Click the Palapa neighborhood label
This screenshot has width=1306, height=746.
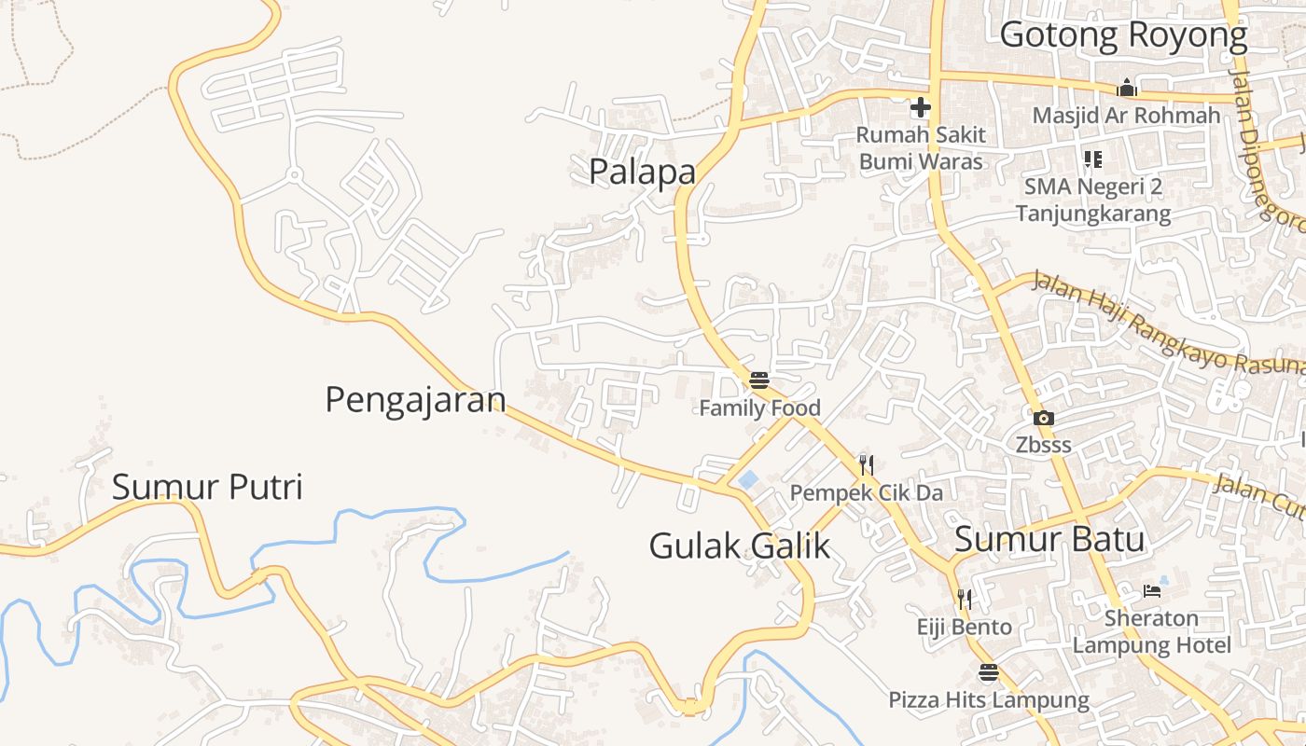[642, 172]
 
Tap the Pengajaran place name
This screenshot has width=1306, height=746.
[415, 400]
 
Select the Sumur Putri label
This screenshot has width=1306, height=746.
[207, 487]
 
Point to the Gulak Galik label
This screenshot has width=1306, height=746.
[739, 546]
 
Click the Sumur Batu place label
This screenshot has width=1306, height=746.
[1049, 539]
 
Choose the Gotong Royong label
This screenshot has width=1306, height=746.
[1123, 35]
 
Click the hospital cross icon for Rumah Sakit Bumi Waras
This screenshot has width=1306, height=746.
[921, 107]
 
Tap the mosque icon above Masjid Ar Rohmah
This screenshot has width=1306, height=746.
[1127, 89]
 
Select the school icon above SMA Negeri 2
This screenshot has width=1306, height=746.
[1092, 159]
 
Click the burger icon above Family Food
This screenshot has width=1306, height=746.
[759, 380]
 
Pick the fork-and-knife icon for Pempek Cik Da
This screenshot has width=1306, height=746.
[867, 464]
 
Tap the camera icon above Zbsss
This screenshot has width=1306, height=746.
[1044, 419]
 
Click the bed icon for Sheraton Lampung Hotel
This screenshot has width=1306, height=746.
[1152, 591]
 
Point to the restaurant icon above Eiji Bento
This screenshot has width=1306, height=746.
[965, 599]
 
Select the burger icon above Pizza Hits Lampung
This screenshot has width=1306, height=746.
[989, 672]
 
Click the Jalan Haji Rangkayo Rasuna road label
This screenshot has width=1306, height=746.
[1166, 326]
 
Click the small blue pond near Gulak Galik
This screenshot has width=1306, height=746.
[748, 480]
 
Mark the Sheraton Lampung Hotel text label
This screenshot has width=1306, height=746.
[1151, 631]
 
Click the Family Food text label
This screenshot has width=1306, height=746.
[759, 408]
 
